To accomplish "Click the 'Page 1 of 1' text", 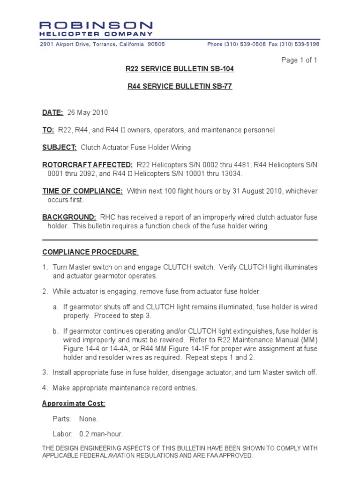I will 299,60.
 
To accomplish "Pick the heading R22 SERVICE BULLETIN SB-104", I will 180,69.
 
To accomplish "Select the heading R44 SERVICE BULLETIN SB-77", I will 180,87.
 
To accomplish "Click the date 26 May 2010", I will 88,112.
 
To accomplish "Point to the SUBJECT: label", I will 60,147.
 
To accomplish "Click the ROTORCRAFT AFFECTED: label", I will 88,165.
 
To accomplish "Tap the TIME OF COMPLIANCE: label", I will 82,191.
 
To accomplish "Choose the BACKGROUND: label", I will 69,217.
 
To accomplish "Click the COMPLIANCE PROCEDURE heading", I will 90,252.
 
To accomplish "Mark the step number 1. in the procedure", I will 45,267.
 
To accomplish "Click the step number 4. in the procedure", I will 45,388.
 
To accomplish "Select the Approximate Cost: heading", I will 74,404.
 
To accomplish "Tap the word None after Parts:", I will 89,419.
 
